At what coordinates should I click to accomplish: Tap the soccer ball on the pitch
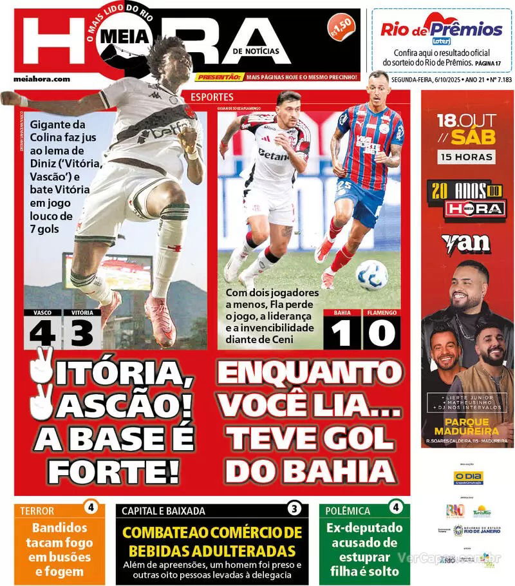point(372,275)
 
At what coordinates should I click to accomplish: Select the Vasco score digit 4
point(42,334)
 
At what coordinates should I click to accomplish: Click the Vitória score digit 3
point(82,334)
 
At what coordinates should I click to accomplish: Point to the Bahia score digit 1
point(342,334)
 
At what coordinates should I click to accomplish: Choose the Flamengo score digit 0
point(381,334)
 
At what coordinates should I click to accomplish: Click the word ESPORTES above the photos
point(212,97)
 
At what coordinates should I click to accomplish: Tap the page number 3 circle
point(294,509)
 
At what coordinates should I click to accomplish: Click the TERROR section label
point(37,511)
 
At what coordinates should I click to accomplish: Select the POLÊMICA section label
point(348,511)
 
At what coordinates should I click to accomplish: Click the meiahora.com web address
point(42,79)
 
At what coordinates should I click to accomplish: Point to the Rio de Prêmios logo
point(441,30)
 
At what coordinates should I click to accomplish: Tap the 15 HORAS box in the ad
point(467,156)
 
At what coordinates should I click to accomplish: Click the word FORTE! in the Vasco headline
point(113,471)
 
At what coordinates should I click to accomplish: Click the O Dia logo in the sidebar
point(468,477)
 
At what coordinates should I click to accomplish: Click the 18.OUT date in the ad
point(467,120)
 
